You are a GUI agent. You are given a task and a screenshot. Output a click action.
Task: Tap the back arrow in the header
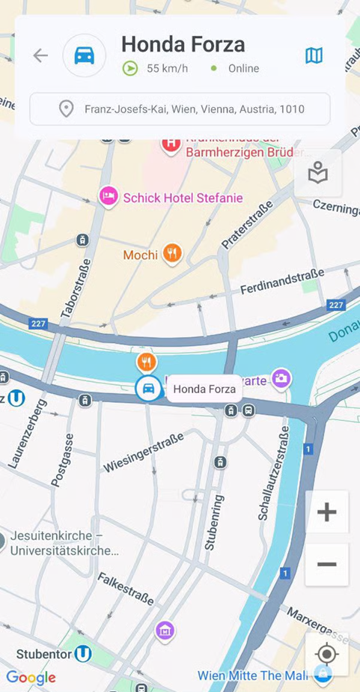coord(40,55)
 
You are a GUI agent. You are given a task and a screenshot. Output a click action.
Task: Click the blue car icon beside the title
coord(85,55)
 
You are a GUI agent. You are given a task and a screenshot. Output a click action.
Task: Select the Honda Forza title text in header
coord(183,44)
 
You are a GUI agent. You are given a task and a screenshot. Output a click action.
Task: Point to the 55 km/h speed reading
coord(166,68)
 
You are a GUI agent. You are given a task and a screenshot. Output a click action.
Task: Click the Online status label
coord(243,68)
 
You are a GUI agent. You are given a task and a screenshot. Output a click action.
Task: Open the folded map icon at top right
coord(314,55)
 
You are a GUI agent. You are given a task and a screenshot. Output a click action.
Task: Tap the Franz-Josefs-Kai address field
coord(180,109)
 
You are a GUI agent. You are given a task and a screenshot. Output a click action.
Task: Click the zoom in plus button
coord(326,512)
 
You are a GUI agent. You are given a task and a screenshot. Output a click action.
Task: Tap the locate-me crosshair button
coord(326,654)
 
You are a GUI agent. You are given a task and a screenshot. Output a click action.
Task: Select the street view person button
coord(318,174)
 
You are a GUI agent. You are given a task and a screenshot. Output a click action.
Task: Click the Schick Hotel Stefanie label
coord(183,198)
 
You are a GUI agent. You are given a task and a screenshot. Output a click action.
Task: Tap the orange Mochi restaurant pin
coord(172,254)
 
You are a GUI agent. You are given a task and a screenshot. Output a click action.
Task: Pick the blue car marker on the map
coord(148,389)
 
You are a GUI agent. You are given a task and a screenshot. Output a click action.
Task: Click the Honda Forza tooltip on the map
coord(204,389)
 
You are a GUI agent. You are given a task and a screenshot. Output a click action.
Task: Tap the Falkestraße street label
coord(126,588)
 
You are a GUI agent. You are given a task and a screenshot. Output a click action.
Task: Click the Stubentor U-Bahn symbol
coord(82,654)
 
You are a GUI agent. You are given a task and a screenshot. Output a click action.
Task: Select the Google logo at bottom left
coord(31,678)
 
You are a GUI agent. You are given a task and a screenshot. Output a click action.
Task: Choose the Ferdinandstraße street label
coord(282,282)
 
